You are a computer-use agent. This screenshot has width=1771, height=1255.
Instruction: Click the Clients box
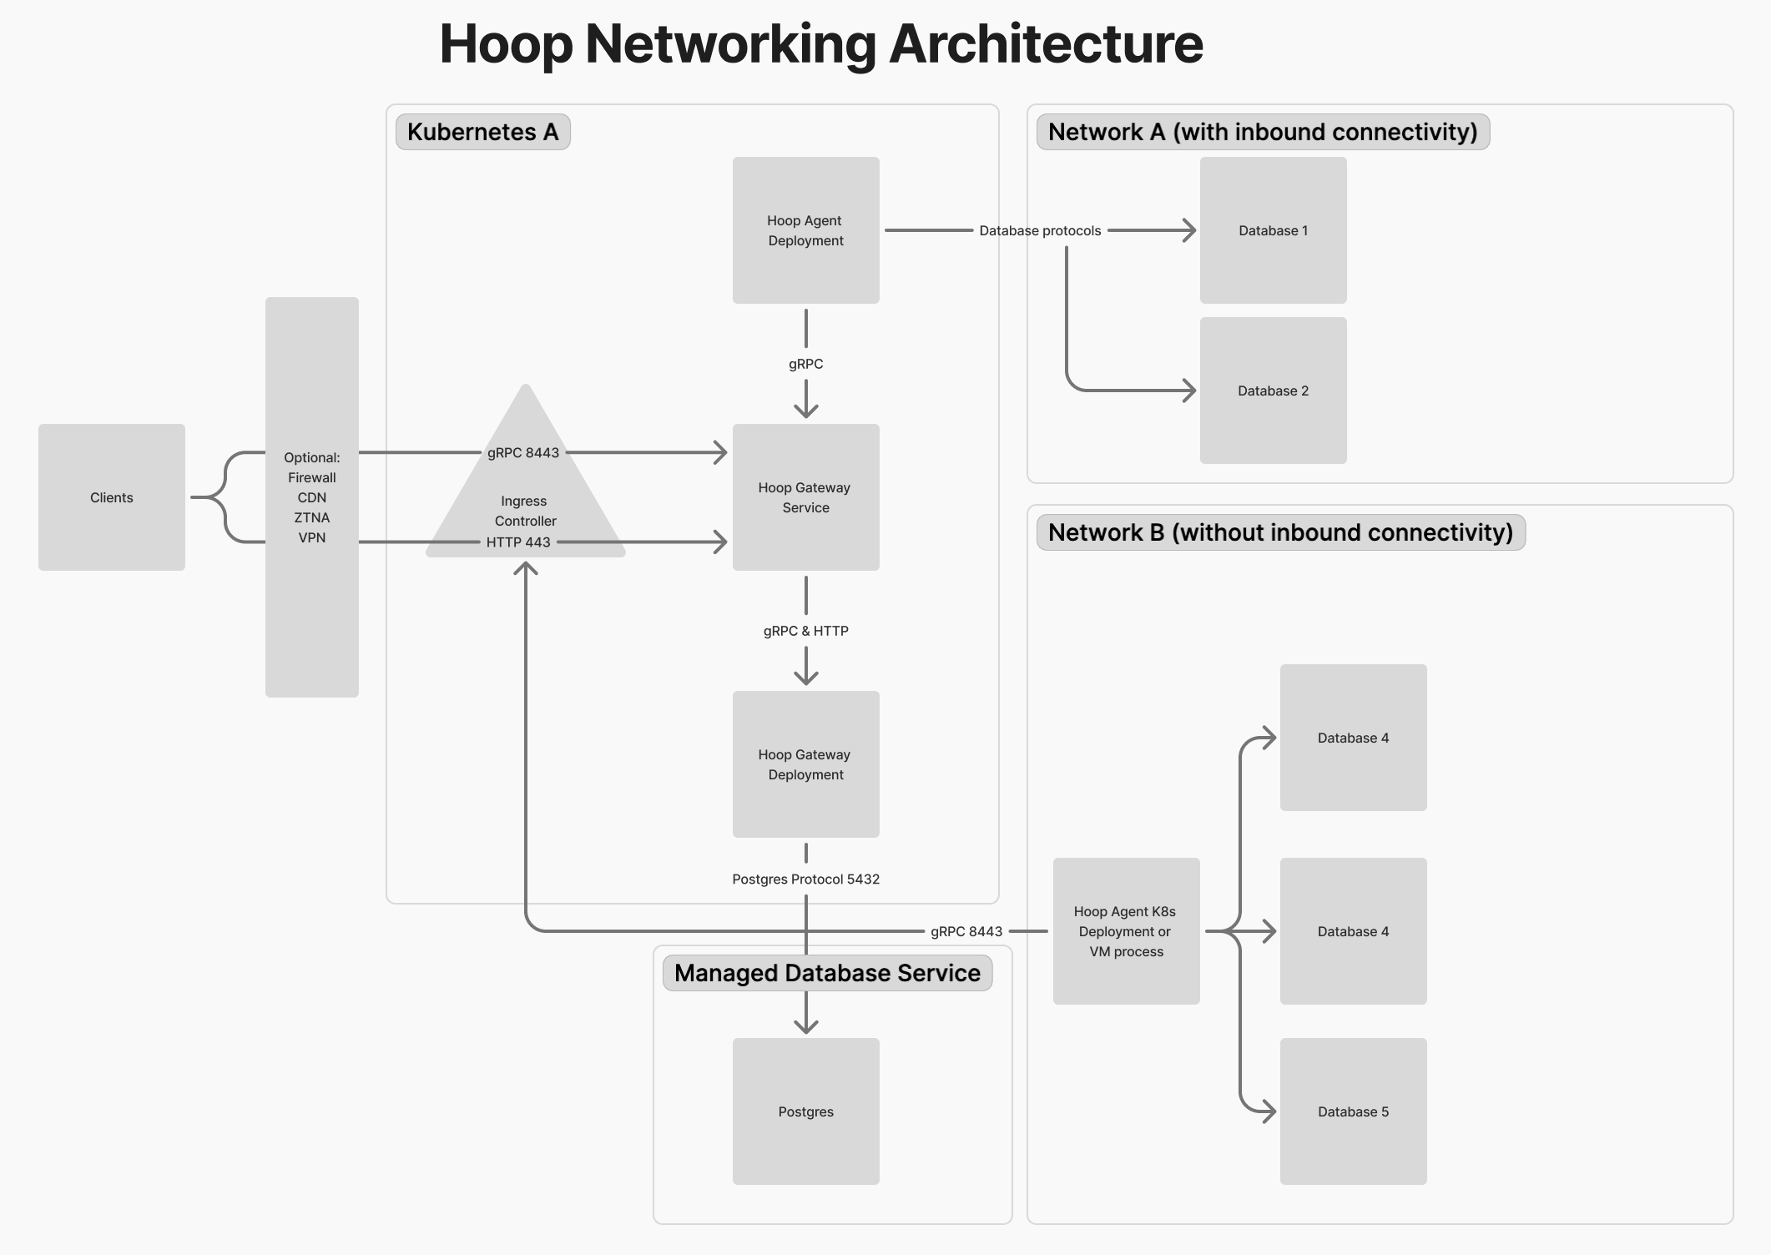point(111,497)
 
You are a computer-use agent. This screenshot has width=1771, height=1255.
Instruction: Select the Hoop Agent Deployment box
point(805,230)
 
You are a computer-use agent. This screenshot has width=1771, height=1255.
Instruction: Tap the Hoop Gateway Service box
point(805,497)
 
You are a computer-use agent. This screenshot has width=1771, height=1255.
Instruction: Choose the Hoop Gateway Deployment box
point(805,764)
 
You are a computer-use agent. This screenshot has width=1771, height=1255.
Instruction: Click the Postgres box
point(805,1111)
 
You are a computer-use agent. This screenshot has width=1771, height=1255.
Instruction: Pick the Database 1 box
point(1273,230)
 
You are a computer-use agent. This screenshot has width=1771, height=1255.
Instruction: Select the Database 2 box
point(1273,391)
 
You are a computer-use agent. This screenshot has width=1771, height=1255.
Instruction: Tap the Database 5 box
point(1353,1111)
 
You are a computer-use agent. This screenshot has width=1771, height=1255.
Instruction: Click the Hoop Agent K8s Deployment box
point(1126,931)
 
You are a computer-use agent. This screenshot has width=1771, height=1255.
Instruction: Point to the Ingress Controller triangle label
point(525,511)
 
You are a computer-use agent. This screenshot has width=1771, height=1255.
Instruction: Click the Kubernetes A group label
point(482,132)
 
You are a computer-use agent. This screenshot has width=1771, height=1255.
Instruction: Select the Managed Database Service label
point(827,973)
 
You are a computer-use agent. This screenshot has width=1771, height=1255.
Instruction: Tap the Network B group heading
point(1280,532)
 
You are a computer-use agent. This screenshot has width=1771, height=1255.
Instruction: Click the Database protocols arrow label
point(1040,230)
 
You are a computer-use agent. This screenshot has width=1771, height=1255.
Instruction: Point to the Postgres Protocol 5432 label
point(805,879)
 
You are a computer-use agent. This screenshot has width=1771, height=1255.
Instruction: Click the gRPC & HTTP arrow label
point(805,631)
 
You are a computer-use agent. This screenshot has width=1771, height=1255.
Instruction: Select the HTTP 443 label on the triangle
point(518,542)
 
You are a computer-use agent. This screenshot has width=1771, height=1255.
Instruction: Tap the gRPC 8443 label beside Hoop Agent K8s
point(966,931)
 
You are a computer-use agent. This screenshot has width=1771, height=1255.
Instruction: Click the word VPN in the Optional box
point(311,537)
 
